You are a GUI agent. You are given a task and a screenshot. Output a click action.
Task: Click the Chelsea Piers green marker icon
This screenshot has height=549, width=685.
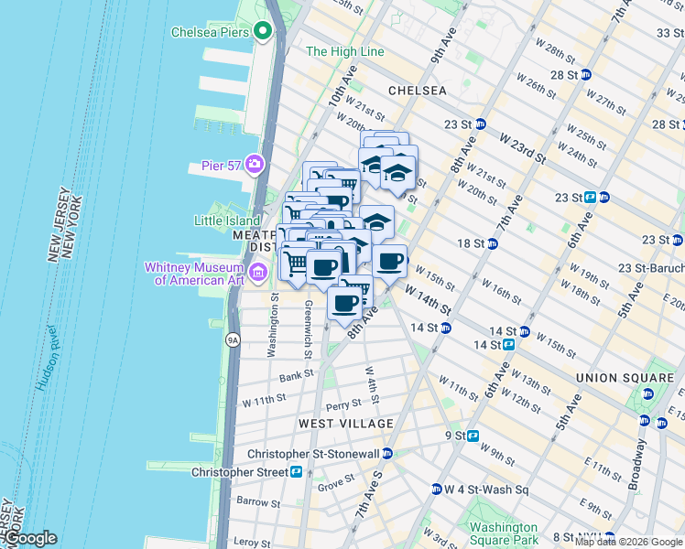tap(263, 32)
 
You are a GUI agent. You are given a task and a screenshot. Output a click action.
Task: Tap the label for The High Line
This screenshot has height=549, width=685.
tap(345, 52)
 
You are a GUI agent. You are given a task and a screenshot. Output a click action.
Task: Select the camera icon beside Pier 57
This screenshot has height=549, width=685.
tap(254, 166)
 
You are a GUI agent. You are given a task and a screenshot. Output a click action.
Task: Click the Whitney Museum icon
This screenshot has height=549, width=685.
tap(258, 273)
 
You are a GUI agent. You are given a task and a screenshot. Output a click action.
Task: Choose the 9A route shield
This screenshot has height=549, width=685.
tap(233, 340)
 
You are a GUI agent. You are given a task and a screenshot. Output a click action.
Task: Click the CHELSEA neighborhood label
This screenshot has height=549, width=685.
tap(418, 91)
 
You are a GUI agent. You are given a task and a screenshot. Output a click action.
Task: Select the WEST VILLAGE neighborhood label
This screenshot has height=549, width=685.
tap(345, 424)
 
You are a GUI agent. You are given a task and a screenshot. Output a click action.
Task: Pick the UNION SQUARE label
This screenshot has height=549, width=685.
tap(625, 377)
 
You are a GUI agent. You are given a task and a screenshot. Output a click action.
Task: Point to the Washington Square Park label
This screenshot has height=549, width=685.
tap(503, 533)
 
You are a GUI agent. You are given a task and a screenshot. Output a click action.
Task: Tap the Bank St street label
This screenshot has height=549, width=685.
tap(297, 375)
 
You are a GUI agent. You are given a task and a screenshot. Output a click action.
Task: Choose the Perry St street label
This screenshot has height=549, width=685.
tap(343, 404)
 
